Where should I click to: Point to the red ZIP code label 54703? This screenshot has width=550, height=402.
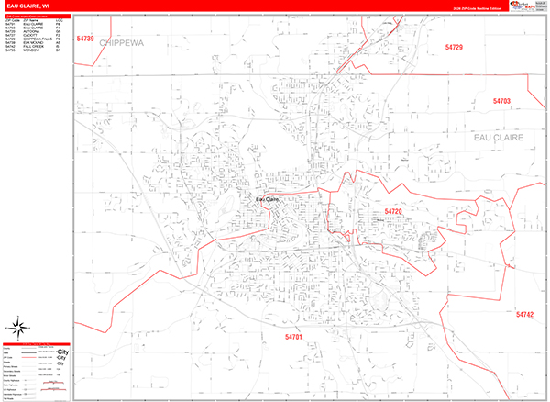[x=500, y=101]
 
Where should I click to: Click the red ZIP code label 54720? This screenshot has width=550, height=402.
[x=393, y=212]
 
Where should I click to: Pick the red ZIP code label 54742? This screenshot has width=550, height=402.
[x=523, y=315]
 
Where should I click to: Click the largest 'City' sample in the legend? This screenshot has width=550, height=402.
[x=62, y=352]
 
